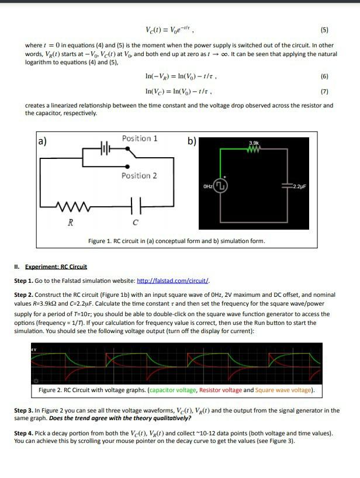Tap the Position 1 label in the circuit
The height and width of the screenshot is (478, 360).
140,138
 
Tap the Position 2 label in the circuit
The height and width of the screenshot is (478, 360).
139,175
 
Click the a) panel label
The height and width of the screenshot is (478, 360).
42,141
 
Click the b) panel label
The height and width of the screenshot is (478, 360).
192,141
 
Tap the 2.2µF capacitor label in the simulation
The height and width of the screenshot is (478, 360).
299,188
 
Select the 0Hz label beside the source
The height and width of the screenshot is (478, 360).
207,186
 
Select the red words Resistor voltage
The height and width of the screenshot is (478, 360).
220,390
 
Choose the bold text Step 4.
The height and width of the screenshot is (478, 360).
24,433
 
